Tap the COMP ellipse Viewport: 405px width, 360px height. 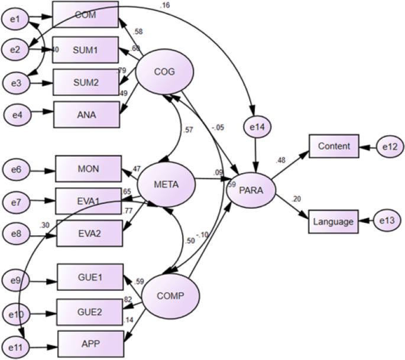(x=171, y=296)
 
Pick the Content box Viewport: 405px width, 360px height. (x=333, y=146)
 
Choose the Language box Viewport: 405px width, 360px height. (x=333, y=222)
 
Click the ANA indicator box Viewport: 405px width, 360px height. (x=86, y=113)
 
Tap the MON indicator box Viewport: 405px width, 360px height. (x=88, y=169)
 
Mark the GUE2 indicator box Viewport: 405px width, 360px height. (x=90, y=311)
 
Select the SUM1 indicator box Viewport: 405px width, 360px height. (x=85, y=50)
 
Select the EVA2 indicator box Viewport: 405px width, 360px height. (x=89, y=233)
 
